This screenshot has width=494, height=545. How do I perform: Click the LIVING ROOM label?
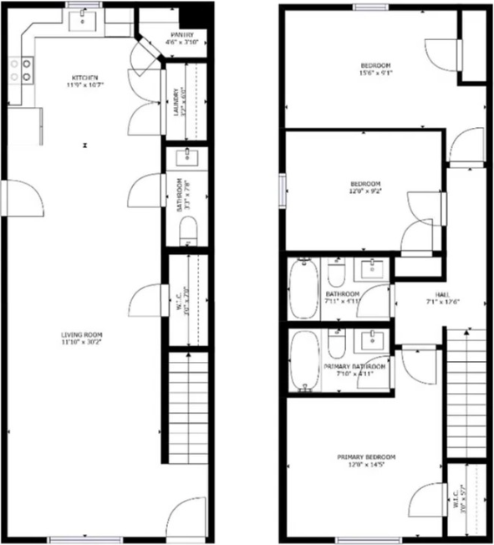(81, 336)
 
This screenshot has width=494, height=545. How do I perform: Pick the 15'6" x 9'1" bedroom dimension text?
(372, 74)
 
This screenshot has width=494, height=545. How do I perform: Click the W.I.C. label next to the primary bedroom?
(459, 500)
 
